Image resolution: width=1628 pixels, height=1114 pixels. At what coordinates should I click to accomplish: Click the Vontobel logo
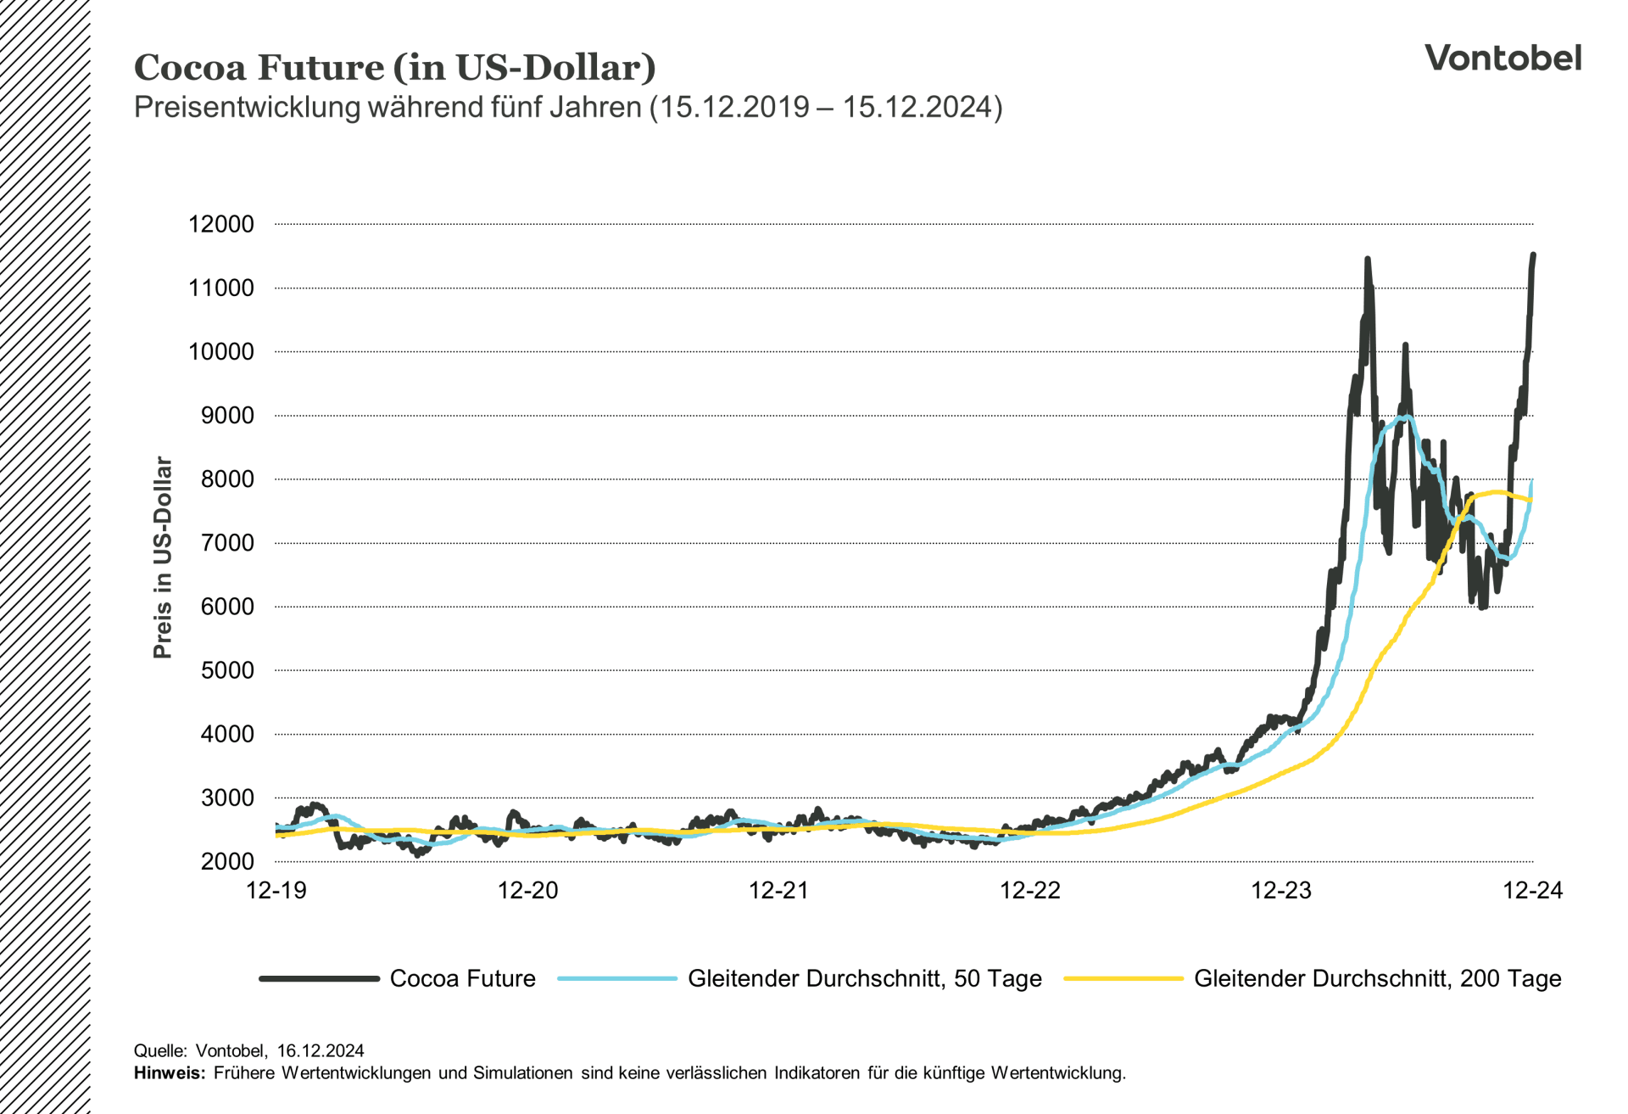(x=1503, y=58)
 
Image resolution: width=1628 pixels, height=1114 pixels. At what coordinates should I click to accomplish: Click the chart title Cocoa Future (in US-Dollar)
(x=394, y=68)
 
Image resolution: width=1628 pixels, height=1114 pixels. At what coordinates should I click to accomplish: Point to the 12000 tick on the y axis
(x=221, y=225)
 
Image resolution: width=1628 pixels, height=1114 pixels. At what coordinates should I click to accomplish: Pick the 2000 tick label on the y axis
(x=226, y=862)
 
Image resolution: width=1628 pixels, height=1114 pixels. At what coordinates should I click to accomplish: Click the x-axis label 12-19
(x=276, y=890)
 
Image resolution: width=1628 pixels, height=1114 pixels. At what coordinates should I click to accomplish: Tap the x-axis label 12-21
(x=778, y=890)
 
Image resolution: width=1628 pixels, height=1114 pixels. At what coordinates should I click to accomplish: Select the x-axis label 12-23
(x=1281, y=890)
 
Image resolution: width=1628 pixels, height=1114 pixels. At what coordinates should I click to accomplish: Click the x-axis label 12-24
(x=1532, y=890)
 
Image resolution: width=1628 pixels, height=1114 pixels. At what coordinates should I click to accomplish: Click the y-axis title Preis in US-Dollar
(x=163, y=557)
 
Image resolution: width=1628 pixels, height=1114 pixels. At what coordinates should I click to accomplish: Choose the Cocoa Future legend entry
(x=462, y=978)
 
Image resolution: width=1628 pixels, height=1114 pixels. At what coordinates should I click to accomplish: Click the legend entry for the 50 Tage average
(x=864, y=978)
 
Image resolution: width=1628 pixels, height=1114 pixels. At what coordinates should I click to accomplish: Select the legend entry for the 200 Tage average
(x=1377, y=978)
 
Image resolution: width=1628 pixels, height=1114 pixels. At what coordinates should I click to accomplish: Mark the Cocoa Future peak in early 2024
(x=1367, y=259)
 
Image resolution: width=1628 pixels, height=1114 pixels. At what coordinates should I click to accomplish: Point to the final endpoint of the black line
(x=1533, y=255)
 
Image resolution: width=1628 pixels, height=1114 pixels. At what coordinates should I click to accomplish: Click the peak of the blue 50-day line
(x=1405, y=417)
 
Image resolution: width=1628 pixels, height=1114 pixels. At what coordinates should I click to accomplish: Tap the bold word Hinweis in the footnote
(x=169, y=1073)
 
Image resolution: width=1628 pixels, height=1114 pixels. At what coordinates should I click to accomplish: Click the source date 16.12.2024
(x=321, y=1051)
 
